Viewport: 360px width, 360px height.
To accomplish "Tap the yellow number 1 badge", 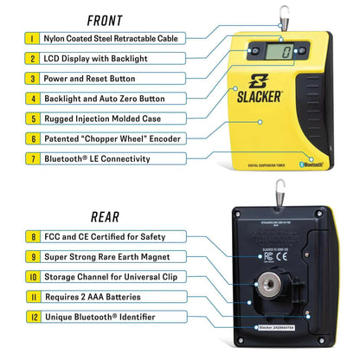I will click(x=32, y=39).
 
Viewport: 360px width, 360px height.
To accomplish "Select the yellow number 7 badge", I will click(x=32, y=157).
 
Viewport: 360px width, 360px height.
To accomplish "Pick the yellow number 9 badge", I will click(x=32, y=257).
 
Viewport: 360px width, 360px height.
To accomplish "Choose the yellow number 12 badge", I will click(x=32, y=317).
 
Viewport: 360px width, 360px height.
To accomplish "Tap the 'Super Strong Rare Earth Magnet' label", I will click(x=111, y=257).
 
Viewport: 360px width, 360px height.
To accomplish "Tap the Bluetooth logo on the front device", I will click(x=312, y=163).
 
